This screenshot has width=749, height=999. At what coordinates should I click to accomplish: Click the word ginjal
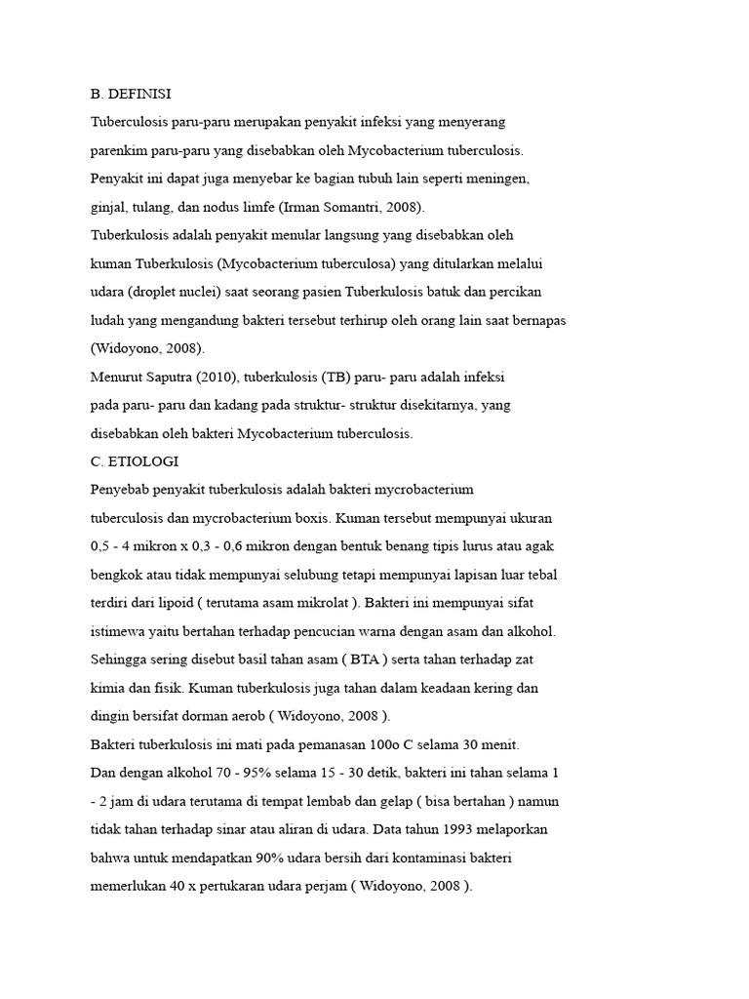(107, 208)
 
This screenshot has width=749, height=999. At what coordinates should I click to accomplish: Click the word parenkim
(119, 151)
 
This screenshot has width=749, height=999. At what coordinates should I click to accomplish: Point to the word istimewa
(118, 631)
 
